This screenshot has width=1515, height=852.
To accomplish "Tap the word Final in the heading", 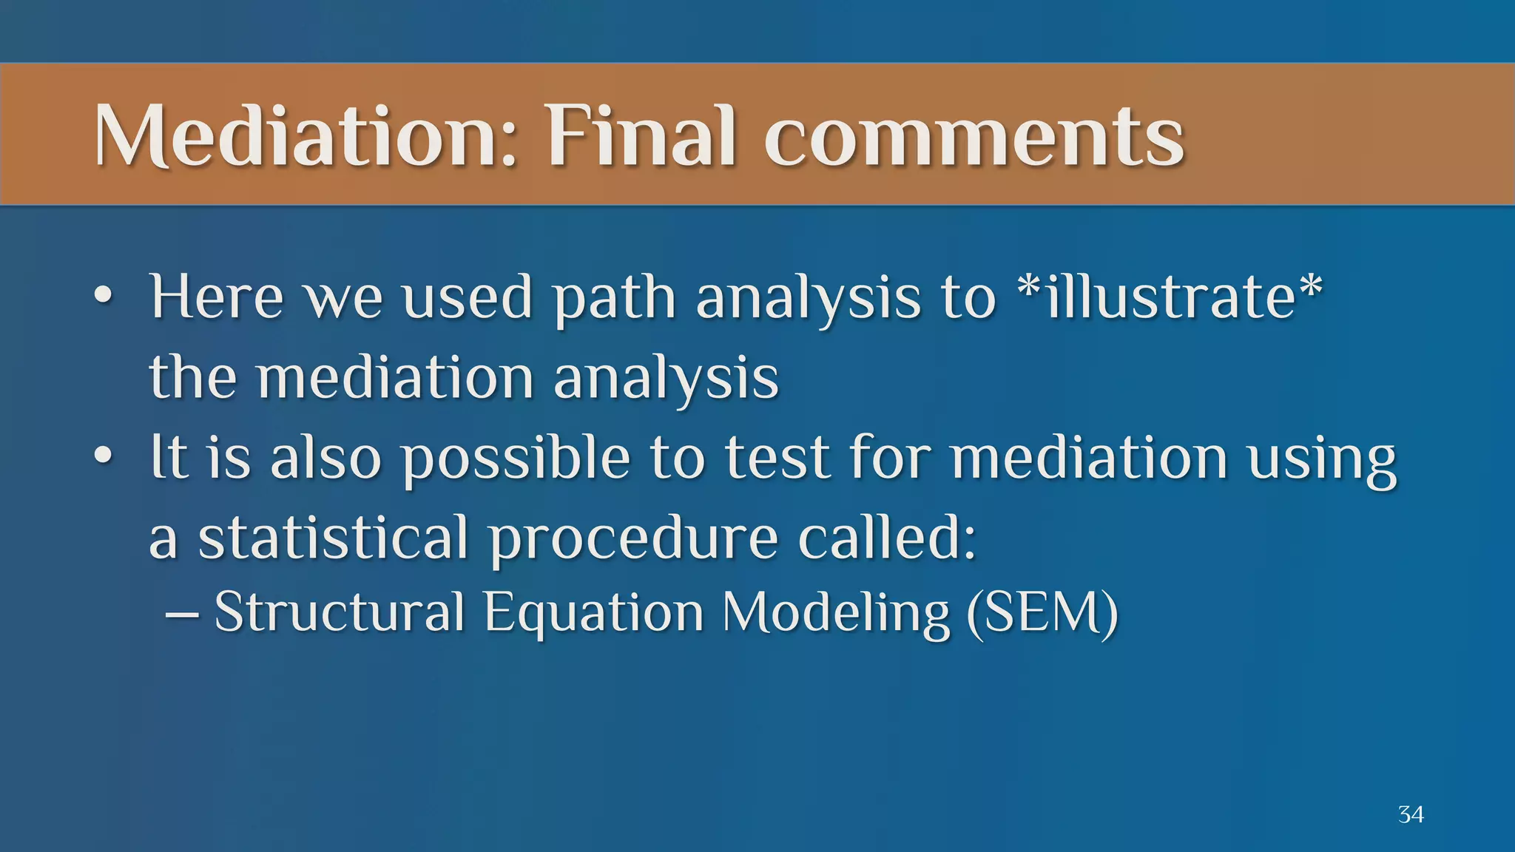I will tap(641, 136).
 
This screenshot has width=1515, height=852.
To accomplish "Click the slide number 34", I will tap(1411, 815).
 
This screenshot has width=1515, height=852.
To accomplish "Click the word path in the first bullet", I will tap(615, 300).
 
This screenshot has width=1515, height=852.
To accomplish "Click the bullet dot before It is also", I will tap(104, 457).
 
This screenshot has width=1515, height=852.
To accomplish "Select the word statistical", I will tap(334, 537).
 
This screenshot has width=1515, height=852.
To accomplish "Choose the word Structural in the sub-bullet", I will tap(340, 612).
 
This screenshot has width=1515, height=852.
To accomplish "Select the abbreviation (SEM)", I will tap(1042, 614).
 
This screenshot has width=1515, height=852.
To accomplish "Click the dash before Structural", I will tap(181, 615).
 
